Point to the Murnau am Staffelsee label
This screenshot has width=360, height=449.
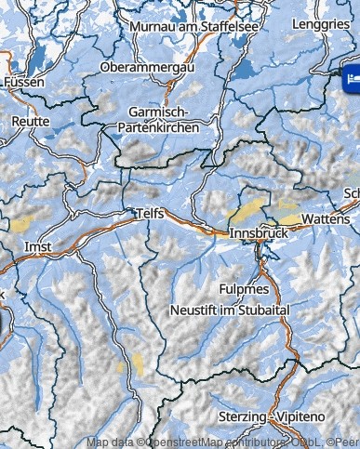(x=193, y=27)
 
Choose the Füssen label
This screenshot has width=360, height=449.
(x=23, y=82)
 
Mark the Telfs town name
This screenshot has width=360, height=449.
(x=149, y=214)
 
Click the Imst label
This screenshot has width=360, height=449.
(x=37, y=247)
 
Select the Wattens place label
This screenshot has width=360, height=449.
(x=327, y=218)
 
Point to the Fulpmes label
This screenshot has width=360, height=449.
(x=244, y=289)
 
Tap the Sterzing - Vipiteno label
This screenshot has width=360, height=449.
(x=265, y=416)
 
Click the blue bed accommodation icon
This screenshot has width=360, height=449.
(x=352, y=80)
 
